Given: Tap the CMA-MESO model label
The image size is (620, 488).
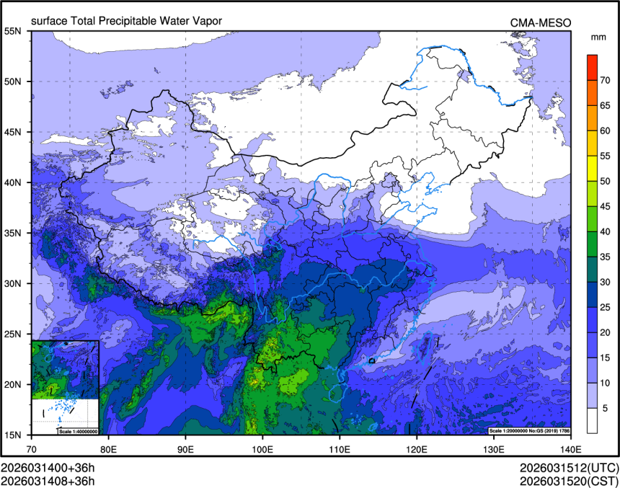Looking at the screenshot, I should click(541, 22).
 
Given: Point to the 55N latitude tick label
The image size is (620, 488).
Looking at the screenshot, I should click(13, 31).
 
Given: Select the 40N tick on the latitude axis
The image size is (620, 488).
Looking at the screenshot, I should click(13, 182).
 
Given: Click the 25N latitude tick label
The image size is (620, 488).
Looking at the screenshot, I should click(13, 334).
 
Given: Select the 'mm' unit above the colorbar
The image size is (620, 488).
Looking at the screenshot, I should click(598, 37).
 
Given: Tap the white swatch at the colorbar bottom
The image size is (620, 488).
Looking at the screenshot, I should click(592, 420).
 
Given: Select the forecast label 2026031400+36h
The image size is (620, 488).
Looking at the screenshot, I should click(48, 467).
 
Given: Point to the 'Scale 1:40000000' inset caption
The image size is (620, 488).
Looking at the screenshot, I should click(78, 431).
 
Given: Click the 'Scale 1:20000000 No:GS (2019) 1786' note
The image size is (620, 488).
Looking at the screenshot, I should click(530, 431).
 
